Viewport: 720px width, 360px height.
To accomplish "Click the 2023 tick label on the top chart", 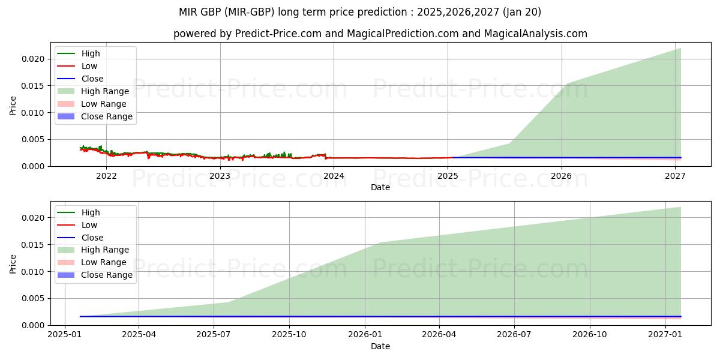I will [220, 176].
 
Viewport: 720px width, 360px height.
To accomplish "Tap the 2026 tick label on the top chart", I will [562, 176].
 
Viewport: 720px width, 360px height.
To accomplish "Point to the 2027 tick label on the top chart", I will [676, 176].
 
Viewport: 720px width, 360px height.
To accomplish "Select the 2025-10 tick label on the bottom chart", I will [289, 335].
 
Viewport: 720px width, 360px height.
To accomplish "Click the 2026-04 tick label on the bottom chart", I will [439, 335].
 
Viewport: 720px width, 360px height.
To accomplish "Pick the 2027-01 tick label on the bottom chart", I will [666, 335].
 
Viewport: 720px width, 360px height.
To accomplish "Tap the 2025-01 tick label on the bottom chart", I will [65, 335].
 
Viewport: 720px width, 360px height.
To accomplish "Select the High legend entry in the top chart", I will [91, 53].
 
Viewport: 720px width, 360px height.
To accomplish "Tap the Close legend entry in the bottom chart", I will [92, 238].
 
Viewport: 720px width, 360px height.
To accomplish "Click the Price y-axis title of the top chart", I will [13, 106].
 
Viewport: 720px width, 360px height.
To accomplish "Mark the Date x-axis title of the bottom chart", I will [380, 346].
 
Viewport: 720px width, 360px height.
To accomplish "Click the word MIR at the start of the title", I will [188, 12].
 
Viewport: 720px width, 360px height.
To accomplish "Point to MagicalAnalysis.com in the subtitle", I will [536, 34].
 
